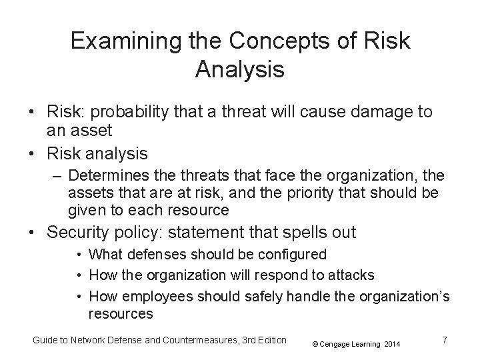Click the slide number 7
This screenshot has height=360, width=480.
[445, 340]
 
